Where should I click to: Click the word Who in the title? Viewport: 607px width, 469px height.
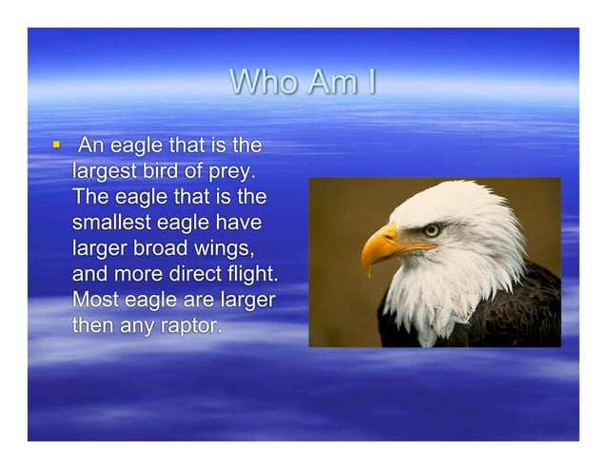(x=262, y=84)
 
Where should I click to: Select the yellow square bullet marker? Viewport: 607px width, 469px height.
(x=56, y=146)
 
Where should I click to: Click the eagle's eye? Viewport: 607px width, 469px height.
(x=431, y=229)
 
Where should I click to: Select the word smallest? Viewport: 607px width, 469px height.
(x=117, y=225)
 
